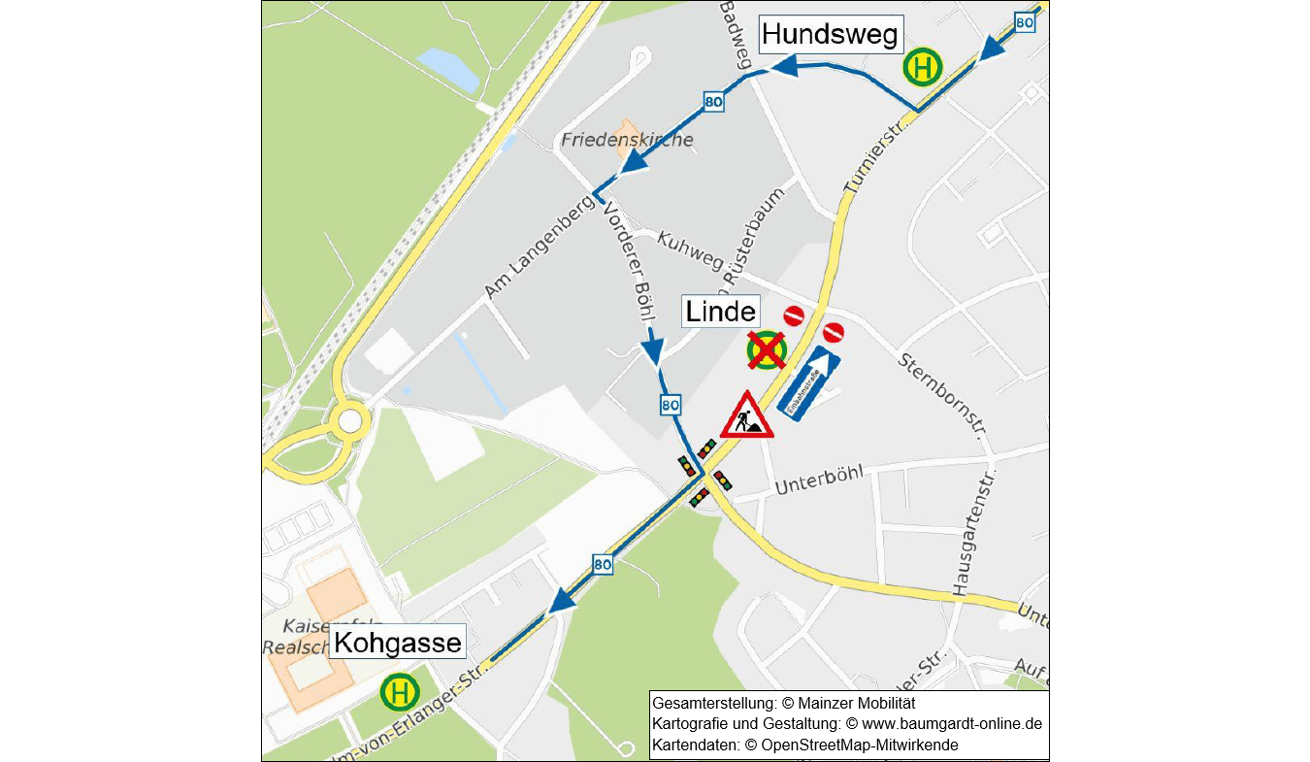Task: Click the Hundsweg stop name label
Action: (x=832, y=35)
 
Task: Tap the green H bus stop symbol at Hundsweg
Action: (x=922, y=69)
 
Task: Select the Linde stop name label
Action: (x=720, y=312)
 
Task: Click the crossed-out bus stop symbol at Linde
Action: (x=766, y=350)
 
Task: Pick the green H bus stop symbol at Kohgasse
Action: (x=399, y=693)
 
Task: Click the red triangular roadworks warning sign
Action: (x=746, y=416)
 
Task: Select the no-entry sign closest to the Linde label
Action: (x=794, y=315)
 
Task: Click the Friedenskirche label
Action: (x=628, y=140)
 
